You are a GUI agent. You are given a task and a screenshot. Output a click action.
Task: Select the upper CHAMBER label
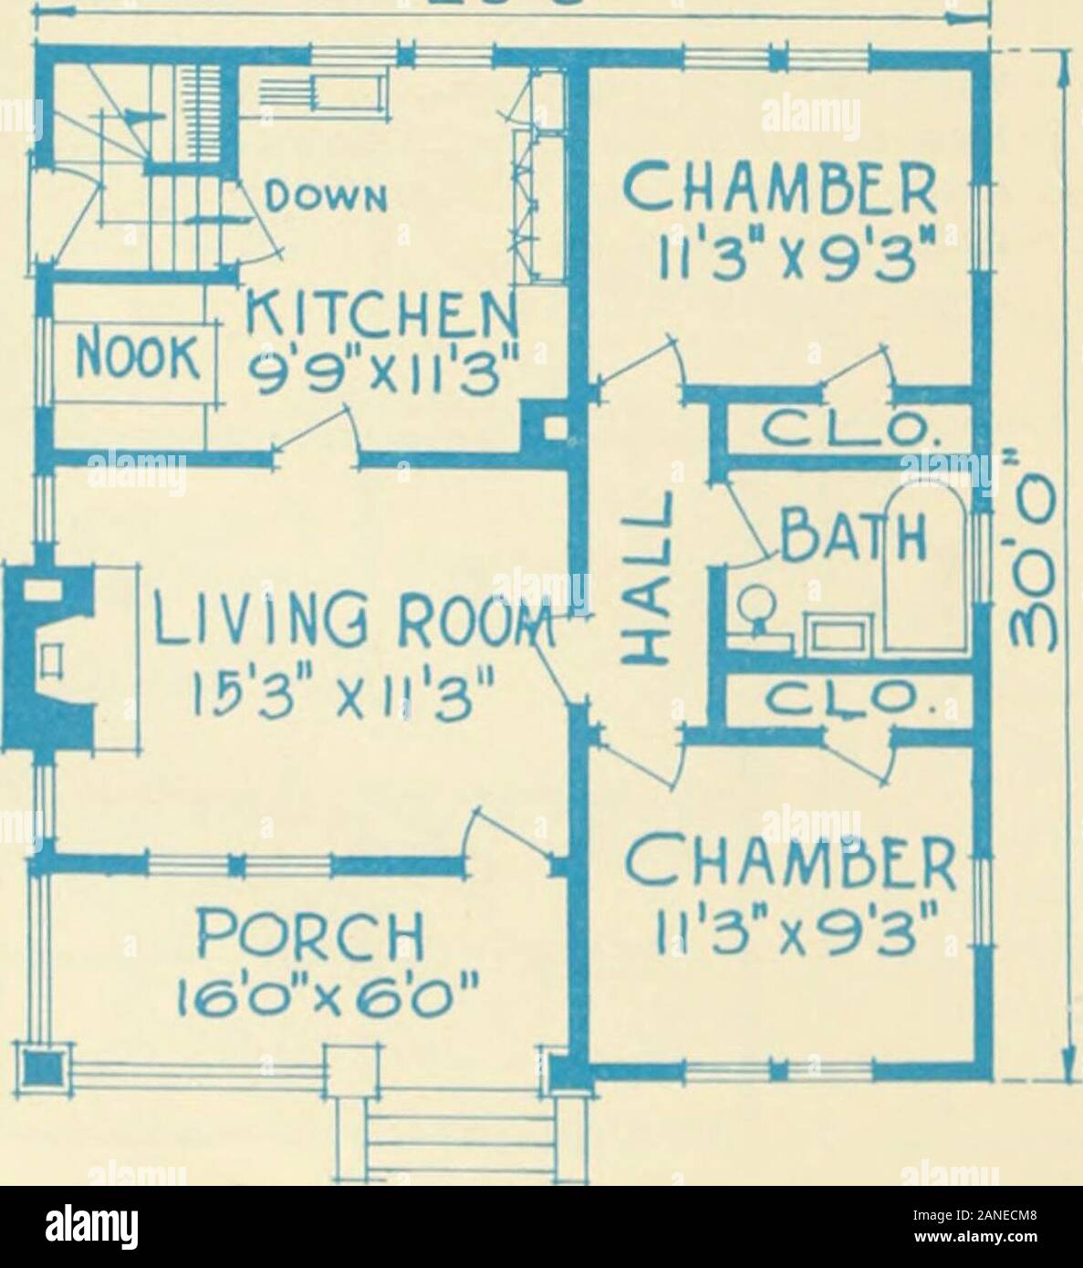pos(779,189)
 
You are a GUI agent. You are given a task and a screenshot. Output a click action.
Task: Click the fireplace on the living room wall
pos(49,658)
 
